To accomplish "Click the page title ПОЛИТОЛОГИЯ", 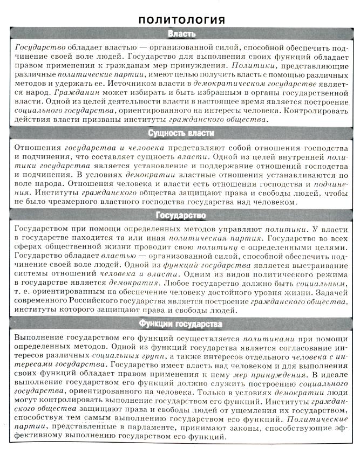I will pyautogui.click(x=181, y=20).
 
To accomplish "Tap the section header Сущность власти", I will pyautogui.click(x=181, y=133).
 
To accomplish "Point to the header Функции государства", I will pyautogui.click(x=181, y=324).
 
